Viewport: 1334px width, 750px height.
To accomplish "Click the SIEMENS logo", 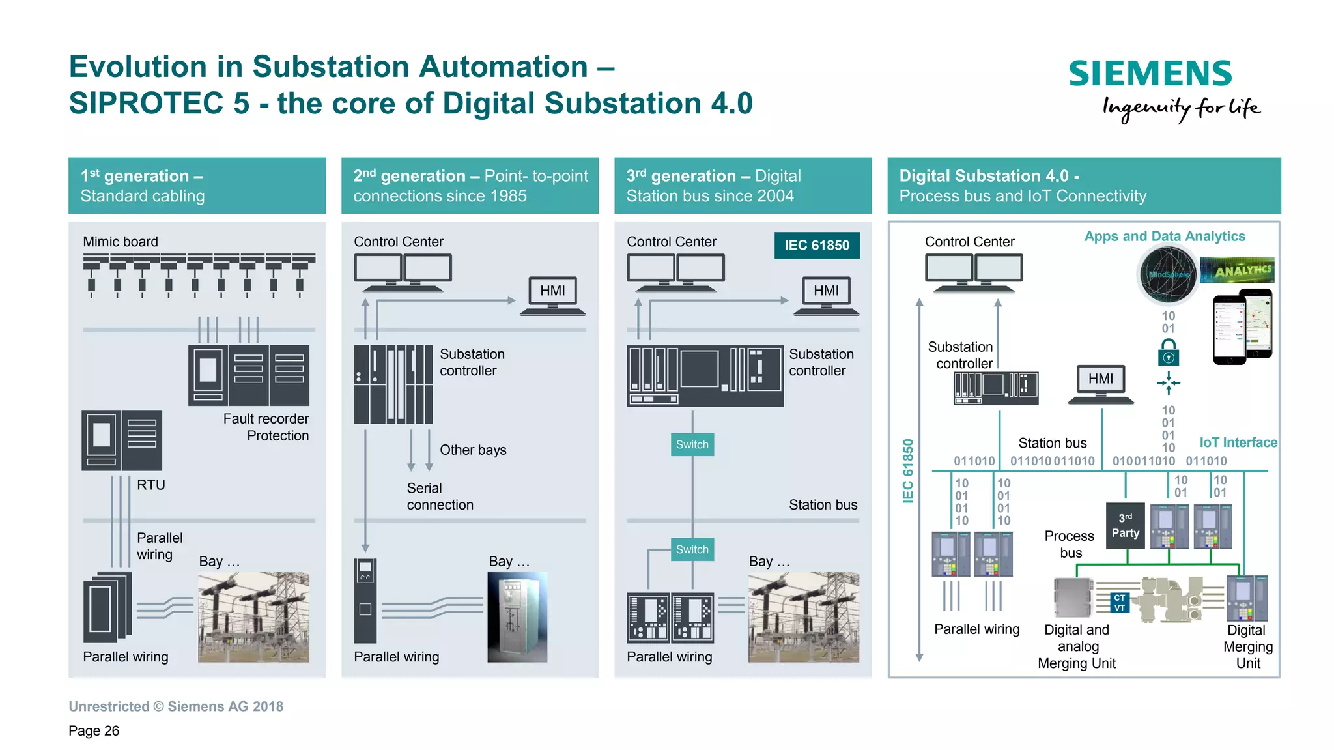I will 1150,74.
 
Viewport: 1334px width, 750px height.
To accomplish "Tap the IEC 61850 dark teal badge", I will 816,246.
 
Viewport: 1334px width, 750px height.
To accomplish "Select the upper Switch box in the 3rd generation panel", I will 692,444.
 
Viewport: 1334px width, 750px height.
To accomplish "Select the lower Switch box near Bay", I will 692,549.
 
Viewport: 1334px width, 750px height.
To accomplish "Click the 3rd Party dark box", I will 1125,525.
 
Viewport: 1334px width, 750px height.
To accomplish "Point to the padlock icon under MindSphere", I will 1168,353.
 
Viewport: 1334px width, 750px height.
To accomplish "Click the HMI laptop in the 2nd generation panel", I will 552,296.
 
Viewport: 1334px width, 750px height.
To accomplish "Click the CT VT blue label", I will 1119,603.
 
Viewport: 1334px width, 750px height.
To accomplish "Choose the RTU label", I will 150,485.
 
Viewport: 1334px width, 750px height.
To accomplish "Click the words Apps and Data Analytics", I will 1164,237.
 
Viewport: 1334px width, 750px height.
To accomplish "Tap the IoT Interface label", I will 1238,442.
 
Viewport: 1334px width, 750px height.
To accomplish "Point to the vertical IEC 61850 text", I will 907,470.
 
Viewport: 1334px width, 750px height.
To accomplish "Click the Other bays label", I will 472,450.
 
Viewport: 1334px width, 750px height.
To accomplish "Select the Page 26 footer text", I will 94,730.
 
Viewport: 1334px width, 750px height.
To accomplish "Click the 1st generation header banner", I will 197,186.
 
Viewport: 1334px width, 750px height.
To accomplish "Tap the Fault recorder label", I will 266,418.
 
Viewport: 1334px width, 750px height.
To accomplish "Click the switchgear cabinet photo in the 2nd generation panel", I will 517,617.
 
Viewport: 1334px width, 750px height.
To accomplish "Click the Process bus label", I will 1069,544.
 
